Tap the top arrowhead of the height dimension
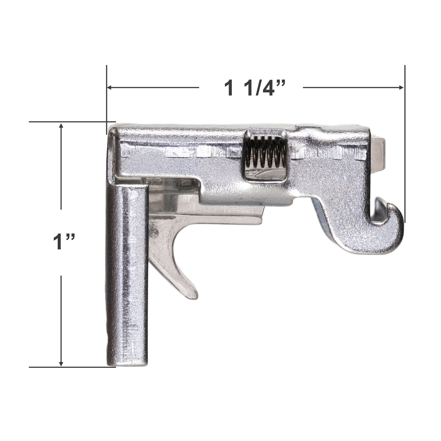(x=61, y=127)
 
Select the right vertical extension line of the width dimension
(x=405, y=147)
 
